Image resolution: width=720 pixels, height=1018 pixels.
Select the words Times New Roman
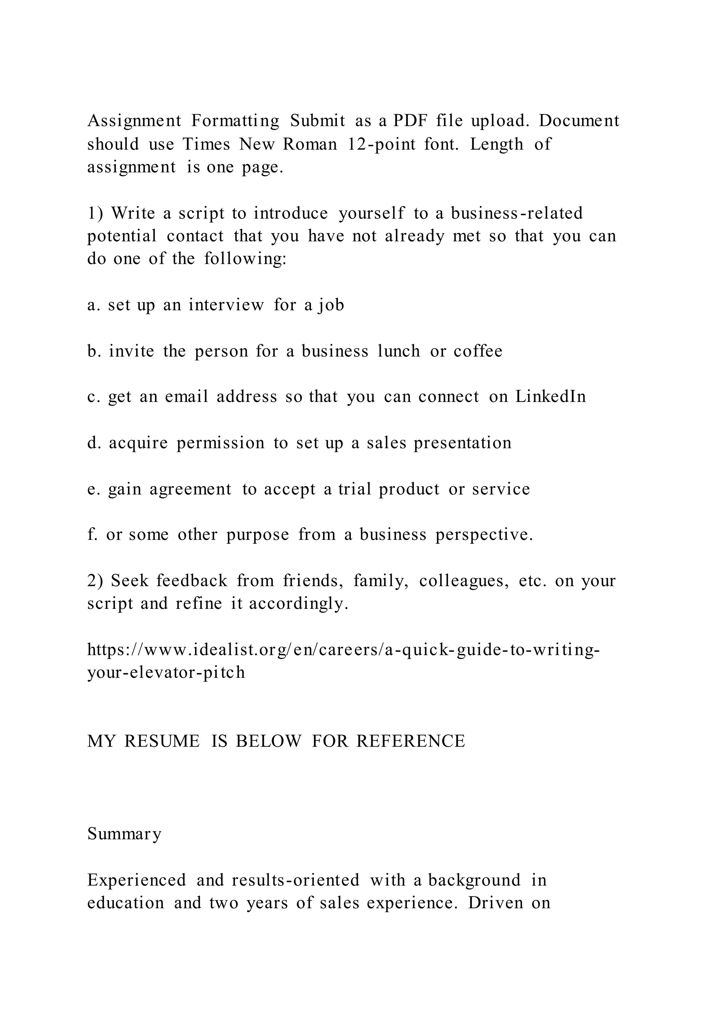(x=260, y=144)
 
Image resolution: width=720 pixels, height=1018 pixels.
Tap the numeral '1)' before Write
(x=95, y=213)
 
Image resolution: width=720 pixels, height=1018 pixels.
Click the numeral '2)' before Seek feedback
(x=95, y=580)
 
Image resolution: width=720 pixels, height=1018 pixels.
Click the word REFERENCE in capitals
(x=411, y=741)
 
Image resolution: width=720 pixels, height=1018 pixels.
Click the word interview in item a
(x=226, y=305)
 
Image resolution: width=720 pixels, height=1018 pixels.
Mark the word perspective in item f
(x=484, y=535)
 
